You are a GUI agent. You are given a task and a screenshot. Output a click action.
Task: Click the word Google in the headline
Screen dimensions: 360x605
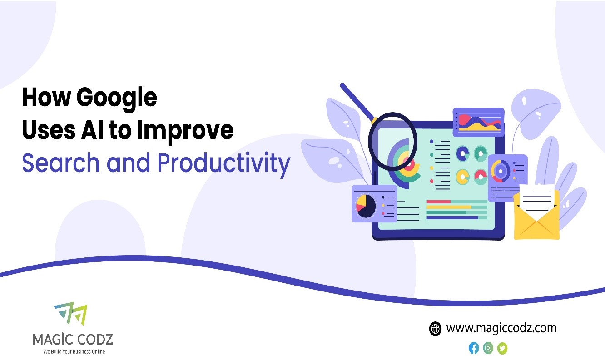(x=117, y=98)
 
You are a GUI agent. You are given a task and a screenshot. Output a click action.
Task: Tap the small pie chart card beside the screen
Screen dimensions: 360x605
(x=374, y=204)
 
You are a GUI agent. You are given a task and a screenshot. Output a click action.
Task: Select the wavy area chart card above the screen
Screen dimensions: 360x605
(x=478, y=121)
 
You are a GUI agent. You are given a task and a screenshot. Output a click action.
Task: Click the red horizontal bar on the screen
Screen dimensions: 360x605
(x=438, y=202)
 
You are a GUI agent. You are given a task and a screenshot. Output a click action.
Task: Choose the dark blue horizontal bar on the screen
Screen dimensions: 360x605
(x=452, y=218)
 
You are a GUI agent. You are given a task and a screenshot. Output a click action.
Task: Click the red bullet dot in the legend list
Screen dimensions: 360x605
(x=432, y=181)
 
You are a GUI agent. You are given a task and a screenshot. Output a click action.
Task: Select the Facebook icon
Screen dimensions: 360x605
(x=474, y=348)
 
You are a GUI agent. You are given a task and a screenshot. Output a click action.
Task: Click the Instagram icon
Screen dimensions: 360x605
(x=488, y=348)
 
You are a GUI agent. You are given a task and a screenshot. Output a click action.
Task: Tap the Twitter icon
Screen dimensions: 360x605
(x=502, y=348)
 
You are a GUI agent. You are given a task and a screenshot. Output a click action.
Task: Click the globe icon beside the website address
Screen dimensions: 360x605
(x=435, y=329)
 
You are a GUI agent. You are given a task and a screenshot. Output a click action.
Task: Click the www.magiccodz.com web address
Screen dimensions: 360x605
(x=501, y=328)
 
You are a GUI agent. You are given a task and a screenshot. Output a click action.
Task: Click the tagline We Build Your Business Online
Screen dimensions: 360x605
(x=74, y=351)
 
